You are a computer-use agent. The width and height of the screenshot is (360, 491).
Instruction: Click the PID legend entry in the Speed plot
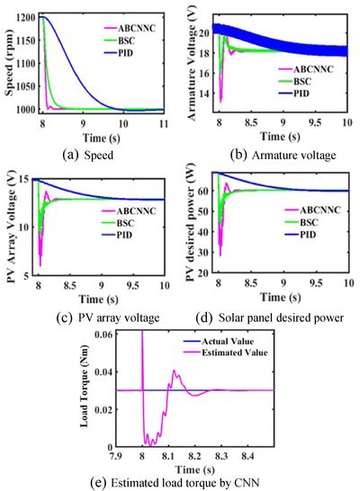pyautogui.click(x=131, y=54)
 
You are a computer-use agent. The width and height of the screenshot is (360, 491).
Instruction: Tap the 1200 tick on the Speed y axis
pyautogui.click(x=26, y=18)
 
